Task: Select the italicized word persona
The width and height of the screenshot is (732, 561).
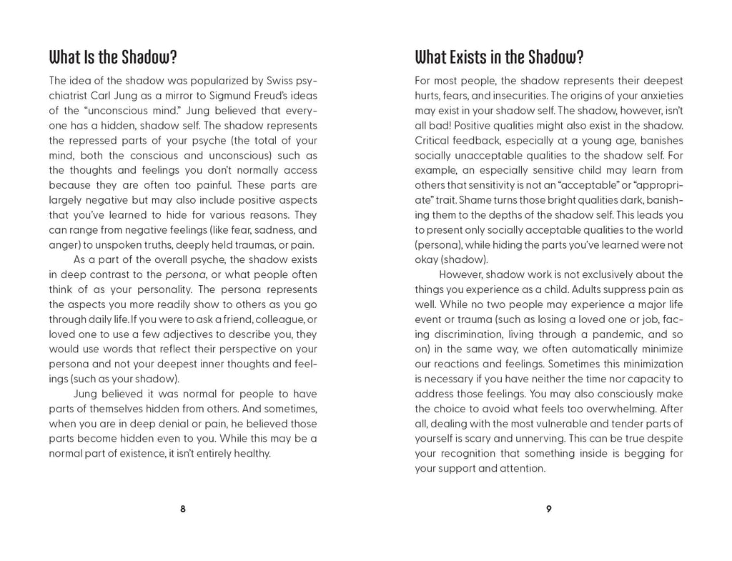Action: [x=185, y=274]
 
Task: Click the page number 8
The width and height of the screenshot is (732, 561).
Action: [x=183, y=509]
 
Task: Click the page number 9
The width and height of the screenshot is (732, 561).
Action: [x=549, y=509]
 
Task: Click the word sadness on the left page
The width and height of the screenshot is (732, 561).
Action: [x=274, y=230]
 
